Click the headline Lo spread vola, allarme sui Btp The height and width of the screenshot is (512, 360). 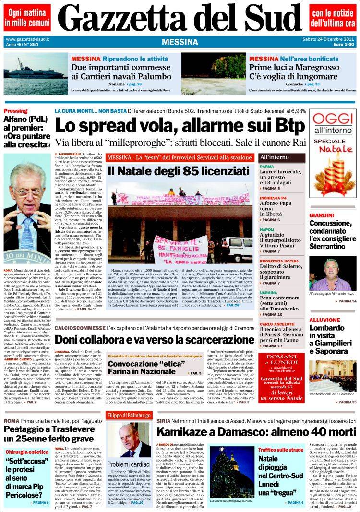pyautogui.click(x=179, y=126)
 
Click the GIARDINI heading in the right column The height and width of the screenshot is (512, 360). pyautogui.click(x=322, y=215)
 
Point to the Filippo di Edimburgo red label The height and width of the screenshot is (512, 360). pyautogui.click(x=128, y=414)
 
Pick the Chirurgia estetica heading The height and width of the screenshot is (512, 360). pyautogui.click(x=27, y=452)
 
